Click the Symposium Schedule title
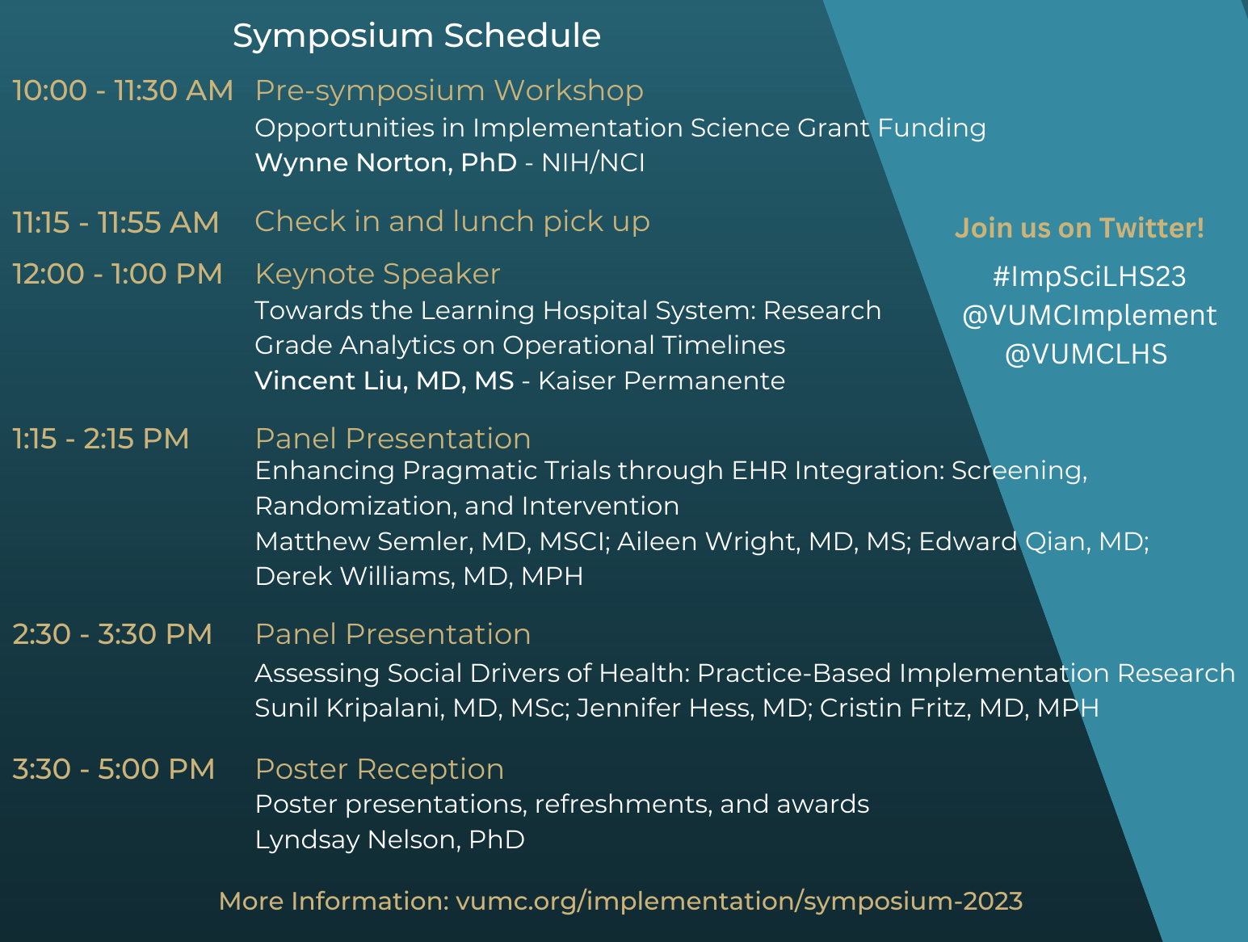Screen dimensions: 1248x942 417,36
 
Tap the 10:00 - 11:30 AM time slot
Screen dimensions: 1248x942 123,91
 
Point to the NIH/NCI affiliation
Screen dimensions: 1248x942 593,162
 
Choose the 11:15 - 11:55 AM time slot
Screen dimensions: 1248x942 116,222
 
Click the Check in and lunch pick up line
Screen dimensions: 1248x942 452,221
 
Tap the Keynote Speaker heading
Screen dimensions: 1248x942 377,275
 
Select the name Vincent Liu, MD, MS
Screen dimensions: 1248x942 384,381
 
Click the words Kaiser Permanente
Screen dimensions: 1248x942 662,381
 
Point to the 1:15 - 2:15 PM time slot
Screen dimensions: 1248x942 101,439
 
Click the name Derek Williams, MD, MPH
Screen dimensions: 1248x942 419,577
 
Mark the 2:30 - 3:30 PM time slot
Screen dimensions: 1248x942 112,634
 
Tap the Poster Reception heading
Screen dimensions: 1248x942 379,770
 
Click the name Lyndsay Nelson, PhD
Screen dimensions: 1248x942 389,840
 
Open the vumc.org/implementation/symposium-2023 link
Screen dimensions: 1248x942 739,902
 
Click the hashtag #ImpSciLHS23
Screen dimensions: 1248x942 1090,277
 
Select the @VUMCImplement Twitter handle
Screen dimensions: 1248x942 1090,316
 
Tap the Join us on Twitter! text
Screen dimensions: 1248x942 1079,228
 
